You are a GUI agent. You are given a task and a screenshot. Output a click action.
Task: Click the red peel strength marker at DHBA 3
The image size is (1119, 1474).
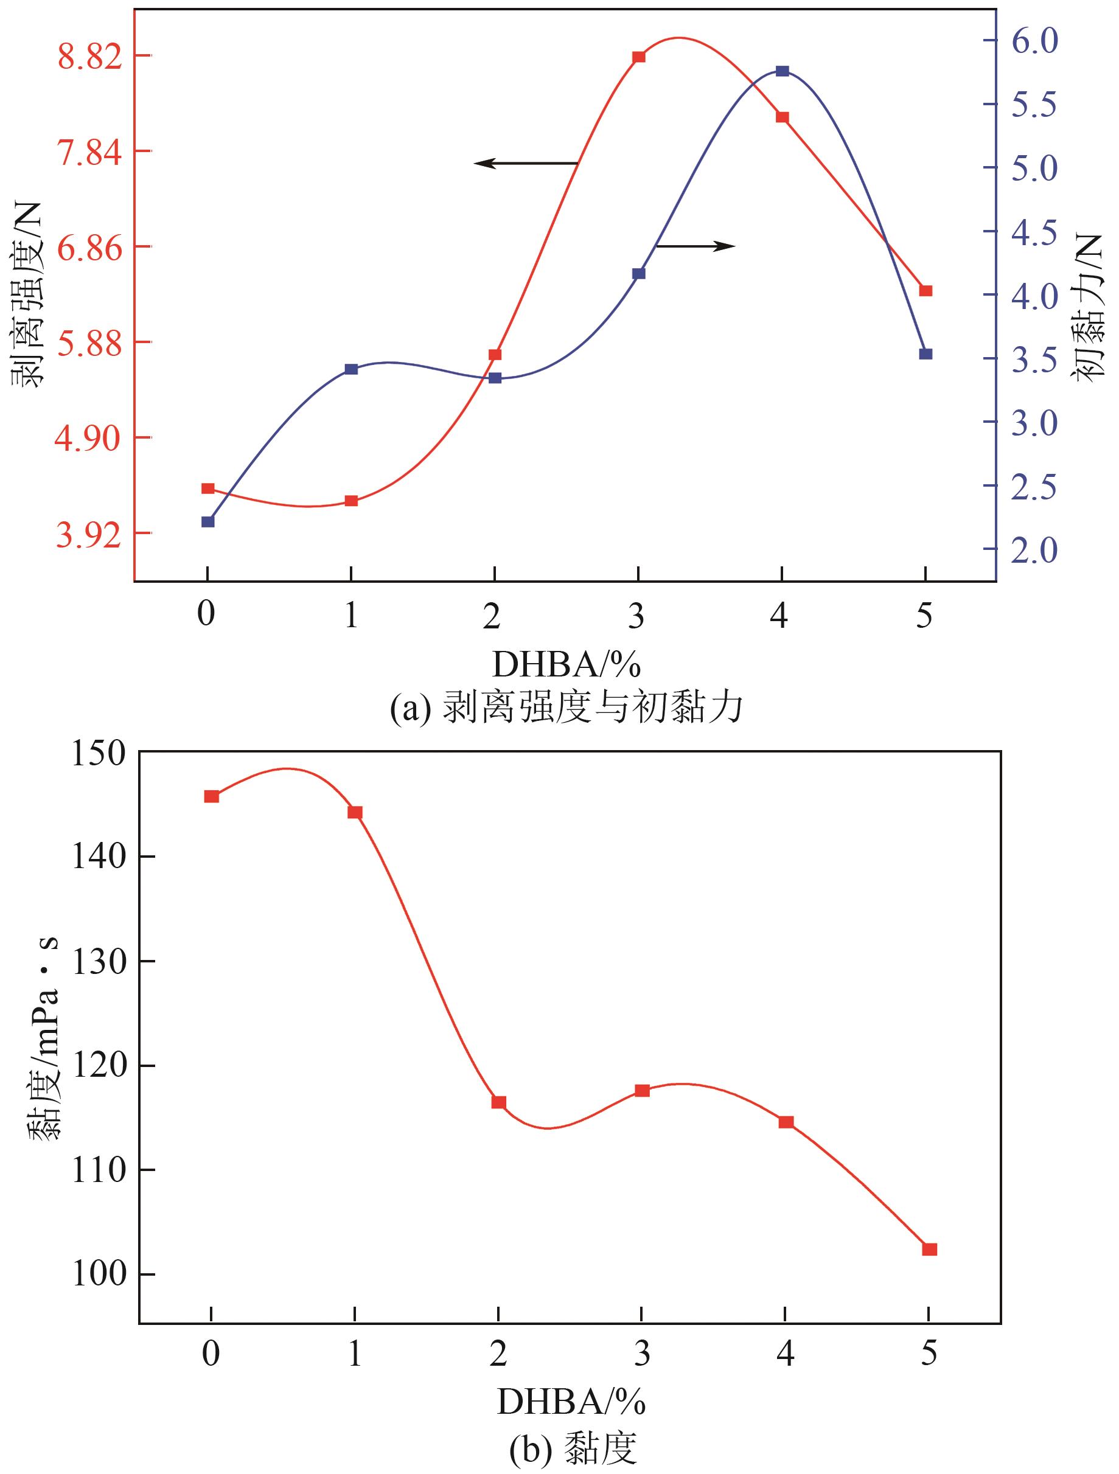pyautogui.click(x=638, y=57)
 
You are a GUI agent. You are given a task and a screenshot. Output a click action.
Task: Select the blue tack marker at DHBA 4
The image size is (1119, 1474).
pyautogui.click(x=783, y=71)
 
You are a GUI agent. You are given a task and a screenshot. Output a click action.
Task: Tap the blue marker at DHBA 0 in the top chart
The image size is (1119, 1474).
pyautogui.click(x=208, y=522)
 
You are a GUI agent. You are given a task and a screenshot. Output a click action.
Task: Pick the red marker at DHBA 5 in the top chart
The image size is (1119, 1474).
pyautogui.click(x=926, y=291)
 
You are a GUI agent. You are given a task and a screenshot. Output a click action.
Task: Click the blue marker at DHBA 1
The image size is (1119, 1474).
pyautogui.click(x=351, y=369)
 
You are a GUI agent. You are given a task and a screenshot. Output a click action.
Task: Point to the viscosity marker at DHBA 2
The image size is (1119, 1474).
pyautogui.click(x=498, y=1102)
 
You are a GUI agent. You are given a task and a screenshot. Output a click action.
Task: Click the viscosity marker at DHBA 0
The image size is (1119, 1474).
pyautogui.click(x=211, y=796)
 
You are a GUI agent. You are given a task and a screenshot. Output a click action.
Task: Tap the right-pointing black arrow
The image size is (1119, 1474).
pyautogui.click(x=695, y=246)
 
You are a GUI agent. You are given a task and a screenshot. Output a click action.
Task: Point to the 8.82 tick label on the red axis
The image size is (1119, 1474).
pyautogui.click(x=90, y=57)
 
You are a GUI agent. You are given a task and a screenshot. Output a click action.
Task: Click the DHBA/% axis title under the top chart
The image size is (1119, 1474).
pyautogui.click(x=566, y=664)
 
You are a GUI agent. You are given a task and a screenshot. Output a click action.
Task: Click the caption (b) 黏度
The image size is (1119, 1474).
pyautogui.click(x=573, y=1446)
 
